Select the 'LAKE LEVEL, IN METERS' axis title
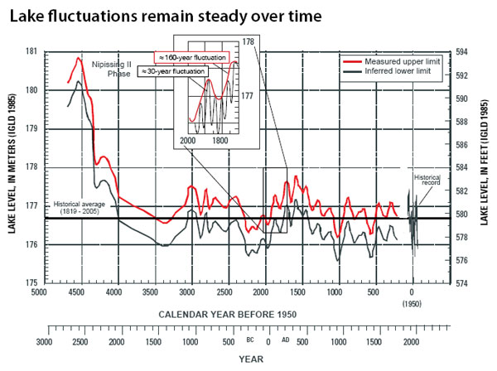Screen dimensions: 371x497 (13, 166)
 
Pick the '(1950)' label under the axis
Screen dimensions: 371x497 (413, 304)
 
